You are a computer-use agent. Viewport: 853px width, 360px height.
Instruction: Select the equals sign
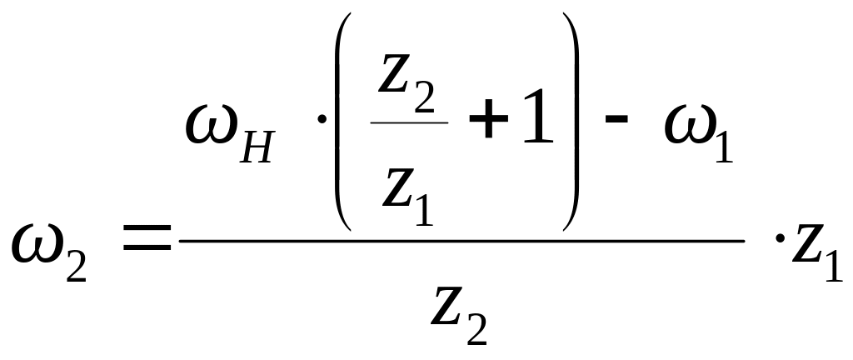point(146,242)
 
